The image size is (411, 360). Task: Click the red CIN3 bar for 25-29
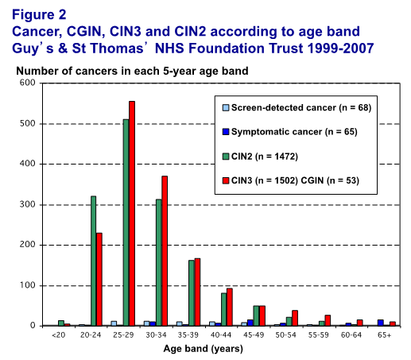[132, 213]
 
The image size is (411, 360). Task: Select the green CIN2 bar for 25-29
[126, 223]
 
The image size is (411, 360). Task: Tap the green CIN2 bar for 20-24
[94, 261]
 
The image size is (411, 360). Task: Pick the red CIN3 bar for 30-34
[165, 251]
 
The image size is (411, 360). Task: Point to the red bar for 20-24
[99, 279]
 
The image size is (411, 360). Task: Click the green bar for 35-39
[192, 293]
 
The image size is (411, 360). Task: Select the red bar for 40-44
[230, 307]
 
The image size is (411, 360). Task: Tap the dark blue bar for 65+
[381, 323]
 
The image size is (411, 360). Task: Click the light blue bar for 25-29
[114, 323]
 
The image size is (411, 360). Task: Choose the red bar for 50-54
[295, 318]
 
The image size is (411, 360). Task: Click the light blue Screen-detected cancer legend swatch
[226, 108]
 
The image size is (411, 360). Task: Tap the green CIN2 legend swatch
[226, 157]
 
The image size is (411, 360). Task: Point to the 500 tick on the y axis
[27, 124]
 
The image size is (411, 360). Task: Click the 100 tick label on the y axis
[27, 285]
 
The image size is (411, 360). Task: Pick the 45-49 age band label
[254, 335]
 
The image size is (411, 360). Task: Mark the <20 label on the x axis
[58, 335]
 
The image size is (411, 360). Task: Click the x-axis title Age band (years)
[204, 349]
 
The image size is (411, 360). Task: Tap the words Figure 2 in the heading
[39, 14]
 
